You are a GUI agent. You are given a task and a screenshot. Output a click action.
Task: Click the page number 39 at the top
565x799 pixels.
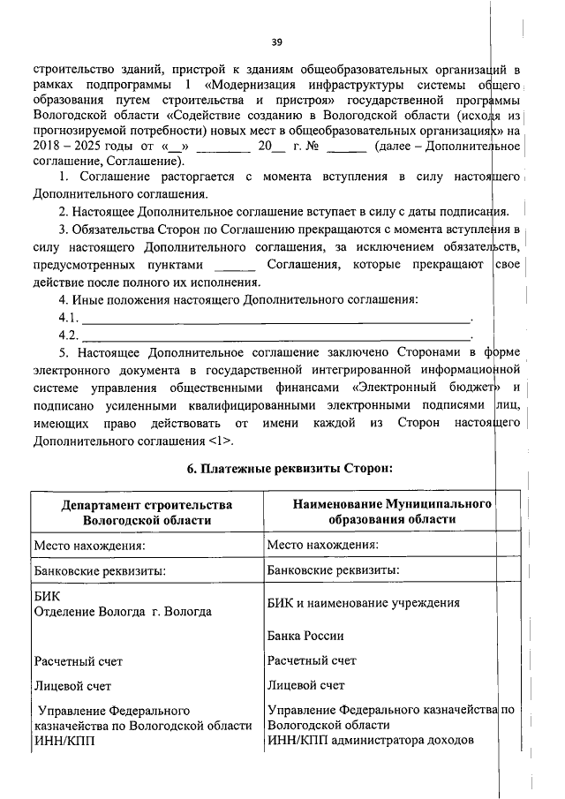point(276,41)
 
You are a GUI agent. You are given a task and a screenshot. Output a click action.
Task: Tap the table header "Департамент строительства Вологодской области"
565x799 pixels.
point(147,512)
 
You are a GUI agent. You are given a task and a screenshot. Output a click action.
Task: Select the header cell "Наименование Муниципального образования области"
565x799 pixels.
point(379,511)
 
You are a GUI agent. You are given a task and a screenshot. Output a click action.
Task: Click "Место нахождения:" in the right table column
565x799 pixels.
point(323,545)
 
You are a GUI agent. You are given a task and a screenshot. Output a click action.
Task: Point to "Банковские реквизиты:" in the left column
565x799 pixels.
point(99,570)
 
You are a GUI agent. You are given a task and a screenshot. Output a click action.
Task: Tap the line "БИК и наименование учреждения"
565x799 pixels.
point(363,603)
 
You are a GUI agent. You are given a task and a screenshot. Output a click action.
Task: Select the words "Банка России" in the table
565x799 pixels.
point(305,636)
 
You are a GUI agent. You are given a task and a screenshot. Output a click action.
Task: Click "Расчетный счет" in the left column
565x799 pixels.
point(78,660)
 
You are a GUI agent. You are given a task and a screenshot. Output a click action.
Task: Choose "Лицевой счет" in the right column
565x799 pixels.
point(305,684)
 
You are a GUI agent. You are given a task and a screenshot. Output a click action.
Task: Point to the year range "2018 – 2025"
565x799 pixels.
point(66,147)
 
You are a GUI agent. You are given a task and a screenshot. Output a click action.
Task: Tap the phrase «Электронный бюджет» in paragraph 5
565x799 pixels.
point(426,388)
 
